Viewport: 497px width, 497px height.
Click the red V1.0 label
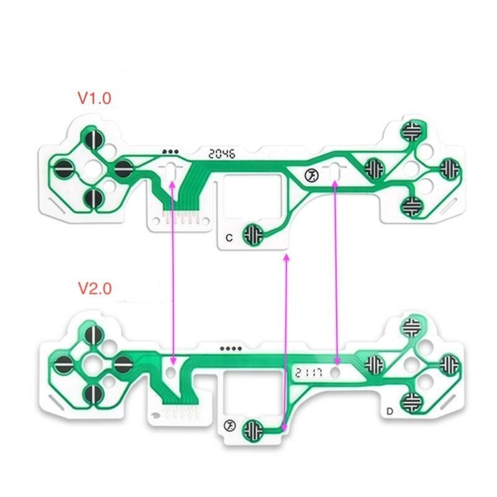tap(94, 98)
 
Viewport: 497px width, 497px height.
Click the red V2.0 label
tap(95, 288)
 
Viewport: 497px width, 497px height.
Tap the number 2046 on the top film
tap(222, 154)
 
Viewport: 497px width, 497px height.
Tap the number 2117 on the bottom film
tap(309, 372)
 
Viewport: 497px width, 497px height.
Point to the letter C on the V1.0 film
tap(229, 238)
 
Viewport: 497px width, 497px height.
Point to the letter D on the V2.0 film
tap(390, 411)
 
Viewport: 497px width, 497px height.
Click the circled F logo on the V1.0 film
tap(312, 176)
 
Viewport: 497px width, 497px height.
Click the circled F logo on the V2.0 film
tap(229, 426)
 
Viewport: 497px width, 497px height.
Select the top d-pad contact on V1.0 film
tap(94, 139)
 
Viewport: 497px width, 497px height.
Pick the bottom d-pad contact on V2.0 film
tap(94, 394)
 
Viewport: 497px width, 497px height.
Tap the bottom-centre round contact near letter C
tap(253, 235)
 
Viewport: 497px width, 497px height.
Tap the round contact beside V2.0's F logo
tap(253, 431)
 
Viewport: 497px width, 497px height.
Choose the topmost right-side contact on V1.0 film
tap(412, 131)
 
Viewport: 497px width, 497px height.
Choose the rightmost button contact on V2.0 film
tap(449, 365)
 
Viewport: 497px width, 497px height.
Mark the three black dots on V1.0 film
tap(170, 152)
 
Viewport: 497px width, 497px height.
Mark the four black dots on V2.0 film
tap(230, 349)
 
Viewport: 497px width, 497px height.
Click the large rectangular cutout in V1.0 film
tap(253, 196)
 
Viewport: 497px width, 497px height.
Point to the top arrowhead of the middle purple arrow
tap(286, 257)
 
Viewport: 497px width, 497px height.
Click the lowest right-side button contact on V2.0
tap(411, 403)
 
